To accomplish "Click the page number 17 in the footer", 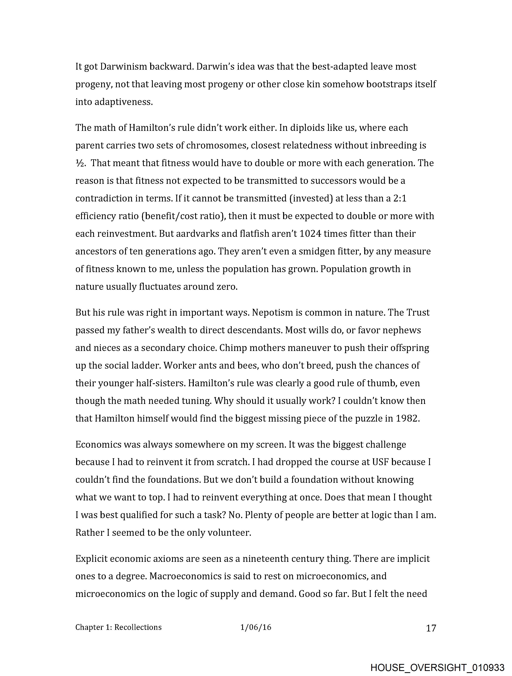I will pos(431,628).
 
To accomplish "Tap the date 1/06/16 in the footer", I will pos(256,627).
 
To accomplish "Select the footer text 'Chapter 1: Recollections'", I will pos(118,627).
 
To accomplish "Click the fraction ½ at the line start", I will pos(79,163).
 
